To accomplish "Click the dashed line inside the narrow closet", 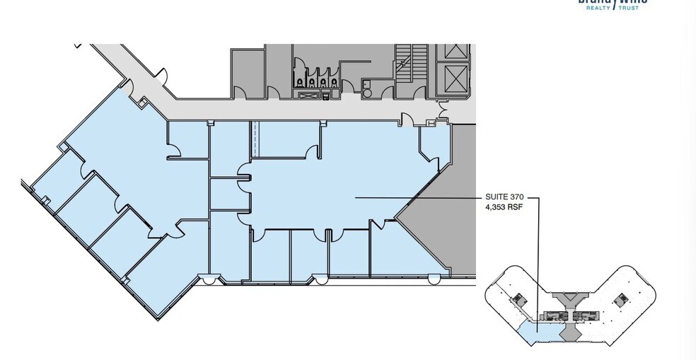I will coord(254,139).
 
